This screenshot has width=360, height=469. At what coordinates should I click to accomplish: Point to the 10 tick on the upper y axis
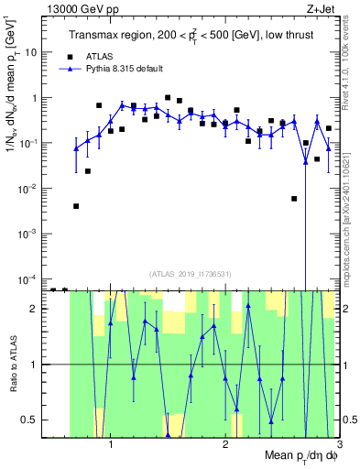[x=30, y=53]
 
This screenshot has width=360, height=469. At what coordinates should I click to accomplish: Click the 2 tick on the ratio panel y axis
[x=34, y=309]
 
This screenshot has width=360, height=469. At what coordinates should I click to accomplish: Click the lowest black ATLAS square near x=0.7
[x=76, y=206]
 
